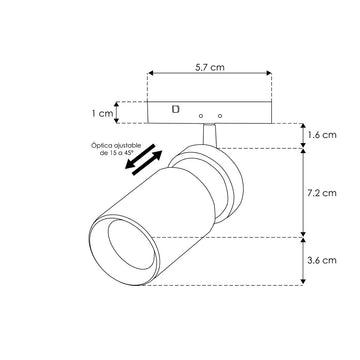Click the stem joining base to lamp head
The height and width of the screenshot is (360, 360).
tap(211, 132)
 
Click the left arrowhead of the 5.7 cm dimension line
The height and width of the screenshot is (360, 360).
tap(150, 73)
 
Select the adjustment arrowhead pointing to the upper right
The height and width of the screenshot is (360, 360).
tap(160, 147)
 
